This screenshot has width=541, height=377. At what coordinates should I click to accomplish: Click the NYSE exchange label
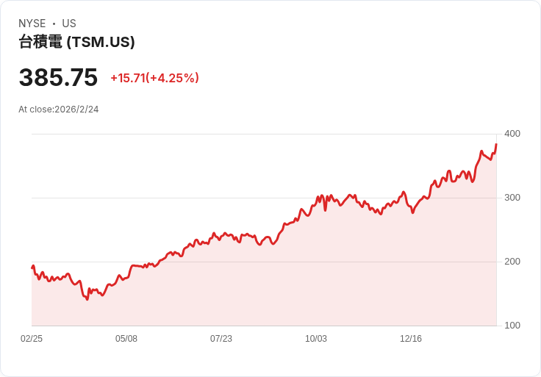[32, 24]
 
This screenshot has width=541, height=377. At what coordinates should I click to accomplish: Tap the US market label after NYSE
[69, 24]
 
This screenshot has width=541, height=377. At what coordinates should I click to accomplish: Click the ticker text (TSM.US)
[101, 43]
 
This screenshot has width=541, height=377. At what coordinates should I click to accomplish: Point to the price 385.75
[58, 78]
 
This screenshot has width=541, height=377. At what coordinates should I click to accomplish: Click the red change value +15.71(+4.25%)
[154, 78]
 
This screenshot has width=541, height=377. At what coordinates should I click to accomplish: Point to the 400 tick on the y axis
[512, 134]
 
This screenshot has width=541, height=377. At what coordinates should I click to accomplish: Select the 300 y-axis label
[512, 198]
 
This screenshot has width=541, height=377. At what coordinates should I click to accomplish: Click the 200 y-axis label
[512, 262]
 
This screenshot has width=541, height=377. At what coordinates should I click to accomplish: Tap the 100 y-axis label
[512, 326]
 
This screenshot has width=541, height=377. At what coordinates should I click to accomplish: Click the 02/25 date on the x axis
[32, 339]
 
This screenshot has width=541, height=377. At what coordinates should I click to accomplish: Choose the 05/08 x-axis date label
[126, 339]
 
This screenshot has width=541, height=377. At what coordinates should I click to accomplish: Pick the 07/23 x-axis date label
[221, 339]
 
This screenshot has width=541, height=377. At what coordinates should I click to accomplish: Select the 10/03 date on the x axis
[316, 339]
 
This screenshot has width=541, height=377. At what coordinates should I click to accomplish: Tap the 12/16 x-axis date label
[411, 339]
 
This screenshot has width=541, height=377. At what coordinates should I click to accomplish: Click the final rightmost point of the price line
[496, 144]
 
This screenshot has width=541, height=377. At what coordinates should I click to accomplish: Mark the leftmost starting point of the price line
[32, 268]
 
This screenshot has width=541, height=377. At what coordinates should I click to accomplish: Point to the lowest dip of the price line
[87, 299]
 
